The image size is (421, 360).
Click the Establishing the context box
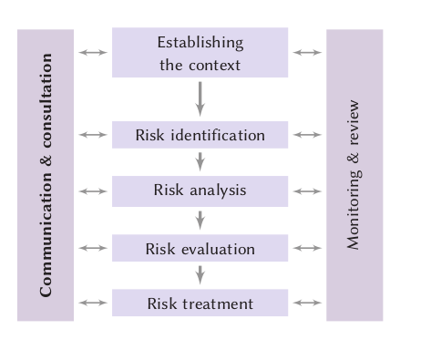coord(200,53)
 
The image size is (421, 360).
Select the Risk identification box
coord(200,135)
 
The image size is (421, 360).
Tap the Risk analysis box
coord(200,191)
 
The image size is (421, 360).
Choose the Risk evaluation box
coord(200,248)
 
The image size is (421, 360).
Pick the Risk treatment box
coord(200,303)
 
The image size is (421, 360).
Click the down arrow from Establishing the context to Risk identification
coord(200,98)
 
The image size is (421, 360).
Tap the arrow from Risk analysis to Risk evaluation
coord(200,219)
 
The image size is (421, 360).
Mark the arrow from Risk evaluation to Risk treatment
coord(200,274)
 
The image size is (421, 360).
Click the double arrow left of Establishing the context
coord(93,53)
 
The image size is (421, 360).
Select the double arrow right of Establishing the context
coord(308,53)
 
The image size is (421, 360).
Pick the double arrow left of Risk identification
coord(93,135)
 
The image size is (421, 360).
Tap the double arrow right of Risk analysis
coord(308,191)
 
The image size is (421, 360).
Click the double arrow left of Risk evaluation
coord(93,248)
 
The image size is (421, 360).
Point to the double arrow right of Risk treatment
coord(308,303)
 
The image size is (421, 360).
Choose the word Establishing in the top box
coord(200,42)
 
